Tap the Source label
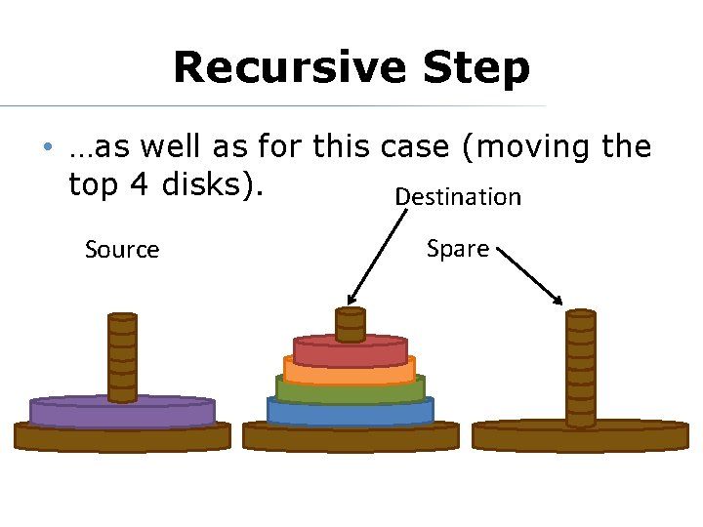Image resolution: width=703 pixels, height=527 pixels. click(x=122, y=250)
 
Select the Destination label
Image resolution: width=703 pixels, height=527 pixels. click(x=458, y=197)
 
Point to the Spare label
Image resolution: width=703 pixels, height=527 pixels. click(x=458, y=249)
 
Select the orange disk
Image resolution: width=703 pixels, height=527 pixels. click(x=351, y=372)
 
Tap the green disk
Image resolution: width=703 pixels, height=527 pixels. click(x=351, y=389)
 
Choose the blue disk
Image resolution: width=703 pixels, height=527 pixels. click(x=351, y=410)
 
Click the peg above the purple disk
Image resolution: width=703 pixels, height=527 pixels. click(x=122, y=356)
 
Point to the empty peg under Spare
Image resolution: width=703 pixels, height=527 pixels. click(x=581, y=366)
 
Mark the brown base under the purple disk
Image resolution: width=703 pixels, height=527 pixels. click(x=122, y=437)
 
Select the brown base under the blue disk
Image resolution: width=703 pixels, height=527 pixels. click(x=351, y=436)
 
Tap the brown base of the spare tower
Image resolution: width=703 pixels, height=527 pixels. click(x=581, y=436)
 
